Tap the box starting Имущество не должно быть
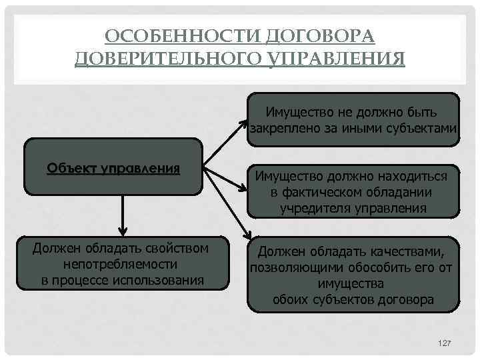[353, 118]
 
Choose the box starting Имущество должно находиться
[353, 191]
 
